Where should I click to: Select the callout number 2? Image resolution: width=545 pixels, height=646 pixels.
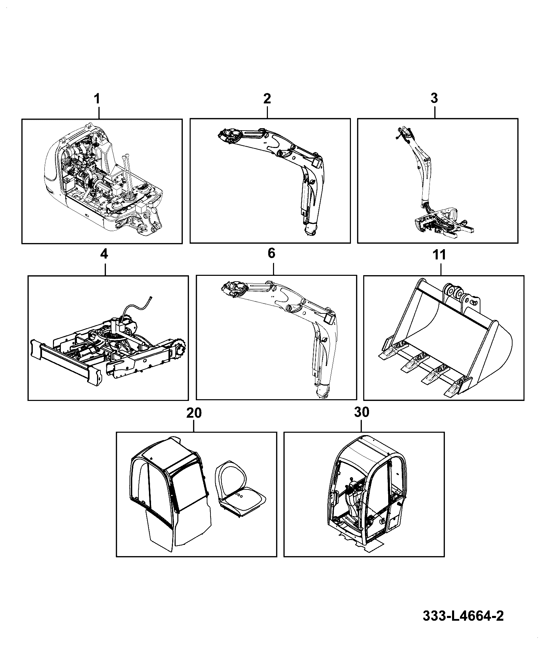[x=267, y=98]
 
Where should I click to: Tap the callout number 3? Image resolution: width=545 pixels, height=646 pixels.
[x=434, y=98]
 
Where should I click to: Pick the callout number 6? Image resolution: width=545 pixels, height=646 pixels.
[x=272, y=254]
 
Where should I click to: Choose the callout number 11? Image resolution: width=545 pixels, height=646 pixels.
[x=440, y=255]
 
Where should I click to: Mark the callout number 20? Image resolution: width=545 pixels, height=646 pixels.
[x=194, y=413]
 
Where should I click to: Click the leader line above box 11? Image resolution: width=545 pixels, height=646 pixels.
[x=440, y=268]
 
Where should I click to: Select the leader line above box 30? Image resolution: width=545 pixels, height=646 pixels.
[x=362, y=425]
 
